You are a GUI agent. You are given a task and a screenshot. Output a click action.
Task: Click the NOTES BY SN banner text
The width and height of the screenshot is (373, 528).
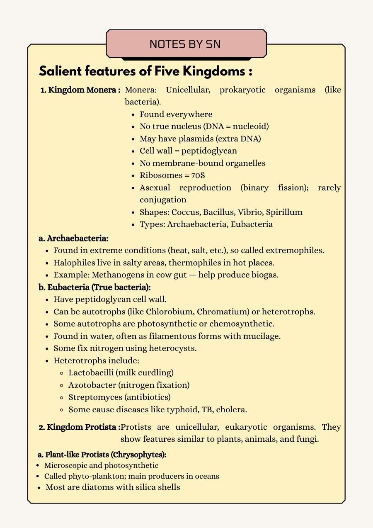185,44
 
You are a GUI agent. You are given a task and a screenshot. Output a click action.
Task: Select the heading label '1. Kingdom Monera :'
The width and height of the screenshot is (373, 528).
80,90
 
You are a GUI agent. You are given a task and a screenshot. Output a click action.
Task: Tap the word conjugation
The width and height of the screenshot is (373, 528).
163,200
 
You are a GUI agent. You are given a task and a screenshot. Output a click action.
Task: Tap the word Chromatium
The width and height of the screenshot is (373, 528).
221,311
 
